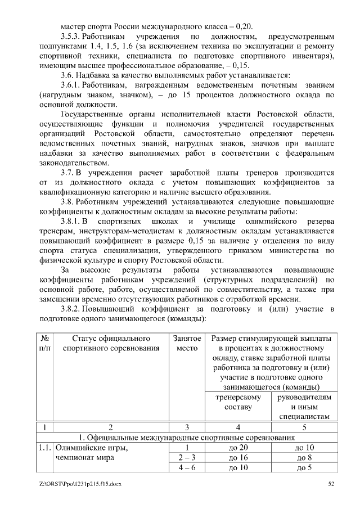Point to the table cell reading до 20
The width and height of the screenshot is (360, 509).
(x=238, y=448)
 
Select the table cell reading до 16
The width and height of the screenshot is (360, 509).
(x=238, y=458)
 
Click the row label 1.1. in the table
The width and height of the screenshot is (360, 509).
(x=44, y=448)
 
